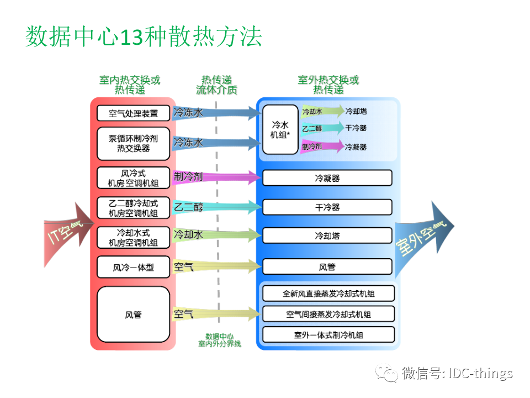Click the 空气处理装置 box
pyautogui.click(x=133, y=113)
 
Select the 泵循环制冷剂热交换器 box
pyautogui.click(x=133, y=143)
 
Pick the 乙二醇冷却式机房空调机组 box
pyautogui.click(x=133, y=208)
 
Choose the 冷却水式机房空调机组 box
pyautogui.click(x=133, y=237)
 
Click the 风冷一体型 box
pyautogui.click(x=133, y=267)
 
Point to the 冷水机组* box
pyautogui.click(x=280, y=129)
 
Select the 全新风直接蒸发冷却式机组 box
pyautogui.click(x=328, y=294)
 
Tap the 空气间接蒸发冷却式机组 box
pyautogui.click(x=328, y=314)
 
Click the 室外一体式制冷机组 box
pyautogui.click(x=328, y=334)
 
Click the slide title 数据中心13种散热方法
pyautogui.click(x=144, y=37)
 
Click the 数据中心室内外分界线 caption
pyautogui.click(x=219, y=340)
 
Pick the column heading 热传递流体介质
pyautogui.click(x=216, y=85)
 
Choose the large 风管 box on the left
pyautogui.click(x=133, y=315)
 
